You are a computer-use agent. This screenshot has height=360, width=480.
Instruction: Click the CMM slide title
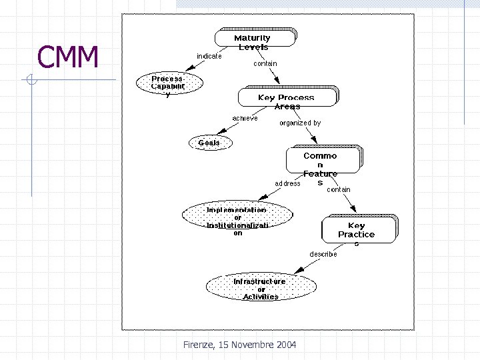tap(68, 57)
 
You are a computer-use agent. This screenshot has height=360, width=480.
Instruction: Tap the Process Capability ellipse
tap(167, 83)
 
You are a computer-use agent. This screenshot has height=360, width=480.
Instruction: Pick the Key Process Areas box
tap(287, 97)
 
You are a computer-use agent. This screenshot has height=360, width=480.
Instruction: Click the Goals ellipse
tap(209, 143)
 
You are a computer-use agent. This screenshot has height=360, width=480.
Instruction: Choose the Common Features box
tap(323, 161)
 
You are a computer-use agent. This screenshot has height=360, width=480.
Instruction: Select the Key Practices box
tap(358, 230)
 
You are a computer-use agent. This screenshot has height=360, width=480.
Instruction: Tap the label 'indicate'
tap(209, 56)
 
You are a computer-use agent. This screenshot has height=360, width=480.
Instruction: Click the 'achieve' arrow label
tap(245, 118)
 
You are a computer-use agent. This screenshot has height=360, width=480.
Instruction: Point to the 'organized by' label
tap(299, 123)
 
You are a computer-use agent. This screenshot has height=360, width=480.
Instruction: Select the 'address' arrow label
tap(287, 183)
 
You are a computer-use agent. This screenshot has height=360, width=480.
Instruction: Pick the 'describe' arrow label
tap(323, 254)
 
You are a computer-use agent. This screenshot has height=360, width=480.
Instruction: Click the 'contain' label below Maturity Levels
tap(265, 64)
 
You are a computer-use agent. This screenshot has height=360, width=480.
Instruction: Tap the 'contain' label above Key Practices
tap(338, 189)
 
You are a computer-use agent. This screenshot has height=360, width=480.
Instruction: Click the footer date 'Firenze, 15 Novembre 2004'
tap(239, 345)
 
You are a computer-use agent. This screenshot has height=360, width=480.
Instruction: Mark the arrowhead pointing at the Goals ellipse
tap(219, 133)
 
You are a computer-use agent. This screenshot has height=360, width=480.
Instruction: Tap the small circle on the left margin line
tap(31, 81)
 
